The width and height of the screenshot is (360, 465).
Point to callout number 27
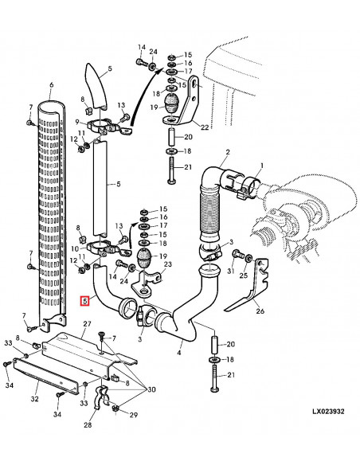[x=88, y=324]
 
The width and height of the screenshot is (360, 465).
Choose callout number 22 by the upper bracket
[x=205, y=127]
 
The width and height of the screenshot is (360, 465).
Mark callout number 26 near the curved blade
[x=262, y=311]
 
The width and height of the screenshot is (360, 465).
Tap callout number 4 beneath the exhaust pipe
[x=180, y=352]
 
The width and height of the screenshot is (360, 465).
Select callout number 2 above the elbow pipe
[x=227, y=152]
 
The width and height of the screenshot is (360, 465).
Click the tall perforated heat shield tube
[x=52, y=215]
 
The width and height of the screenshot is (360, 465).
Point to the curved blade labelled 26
[x=238, y=295]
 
